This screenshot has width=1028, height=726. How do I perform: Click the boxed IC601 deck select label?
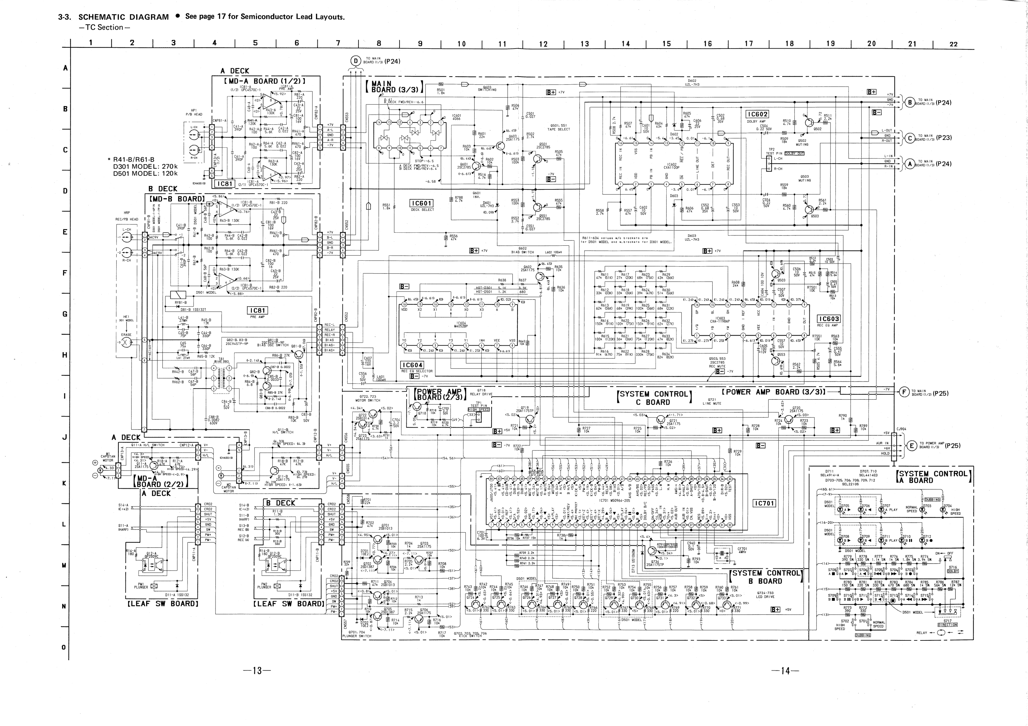(x=421, y=204)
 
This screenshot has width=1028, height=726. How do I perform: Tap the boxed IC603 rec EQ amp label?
(x=828, y=319)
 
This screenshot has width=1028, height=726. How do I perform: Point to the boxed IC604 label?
(x=411, y=365)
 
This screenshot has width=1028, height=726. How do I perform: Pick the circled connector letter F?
(x=904, y=392)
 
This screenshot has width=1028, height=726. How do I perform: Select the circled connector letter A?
(x=910, y=164)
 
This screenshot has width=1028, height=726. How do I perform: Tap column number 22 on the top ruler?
(x=954, y=44)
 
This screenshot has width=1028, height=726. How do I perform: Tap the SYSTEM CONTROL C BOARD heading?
(x=655, y=398)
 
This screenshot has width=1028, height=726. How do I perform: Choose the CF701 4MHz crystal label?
(x=742, y=549)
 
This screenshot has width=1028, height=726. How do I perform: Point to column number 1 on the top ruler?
(x=91, y=43)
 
